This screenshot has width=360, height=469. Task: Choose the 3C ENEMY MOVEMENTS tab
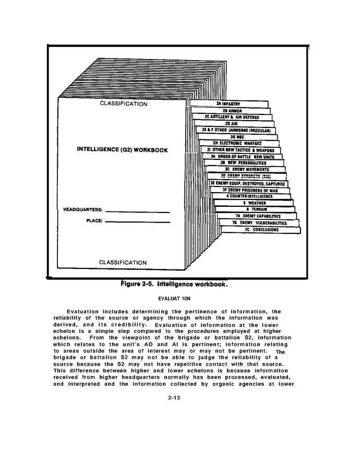tap(247, 169)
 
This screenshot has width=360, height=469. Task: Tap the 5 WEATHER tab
tap(255, 203)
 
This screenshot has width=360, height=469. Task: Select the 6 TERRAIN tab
tap(256, 209)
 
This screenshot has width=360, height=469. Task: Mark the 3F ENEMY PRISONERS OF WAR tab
tap(250, 190)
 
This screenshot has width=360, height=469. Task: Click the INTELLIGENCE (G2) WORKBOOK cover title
tap(122, 150)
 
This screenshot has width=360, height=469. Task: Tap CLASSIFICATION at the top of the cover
tap(123, 104)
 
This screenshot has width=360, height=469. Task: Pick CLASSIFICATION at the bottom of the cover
tap(123, 262)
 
